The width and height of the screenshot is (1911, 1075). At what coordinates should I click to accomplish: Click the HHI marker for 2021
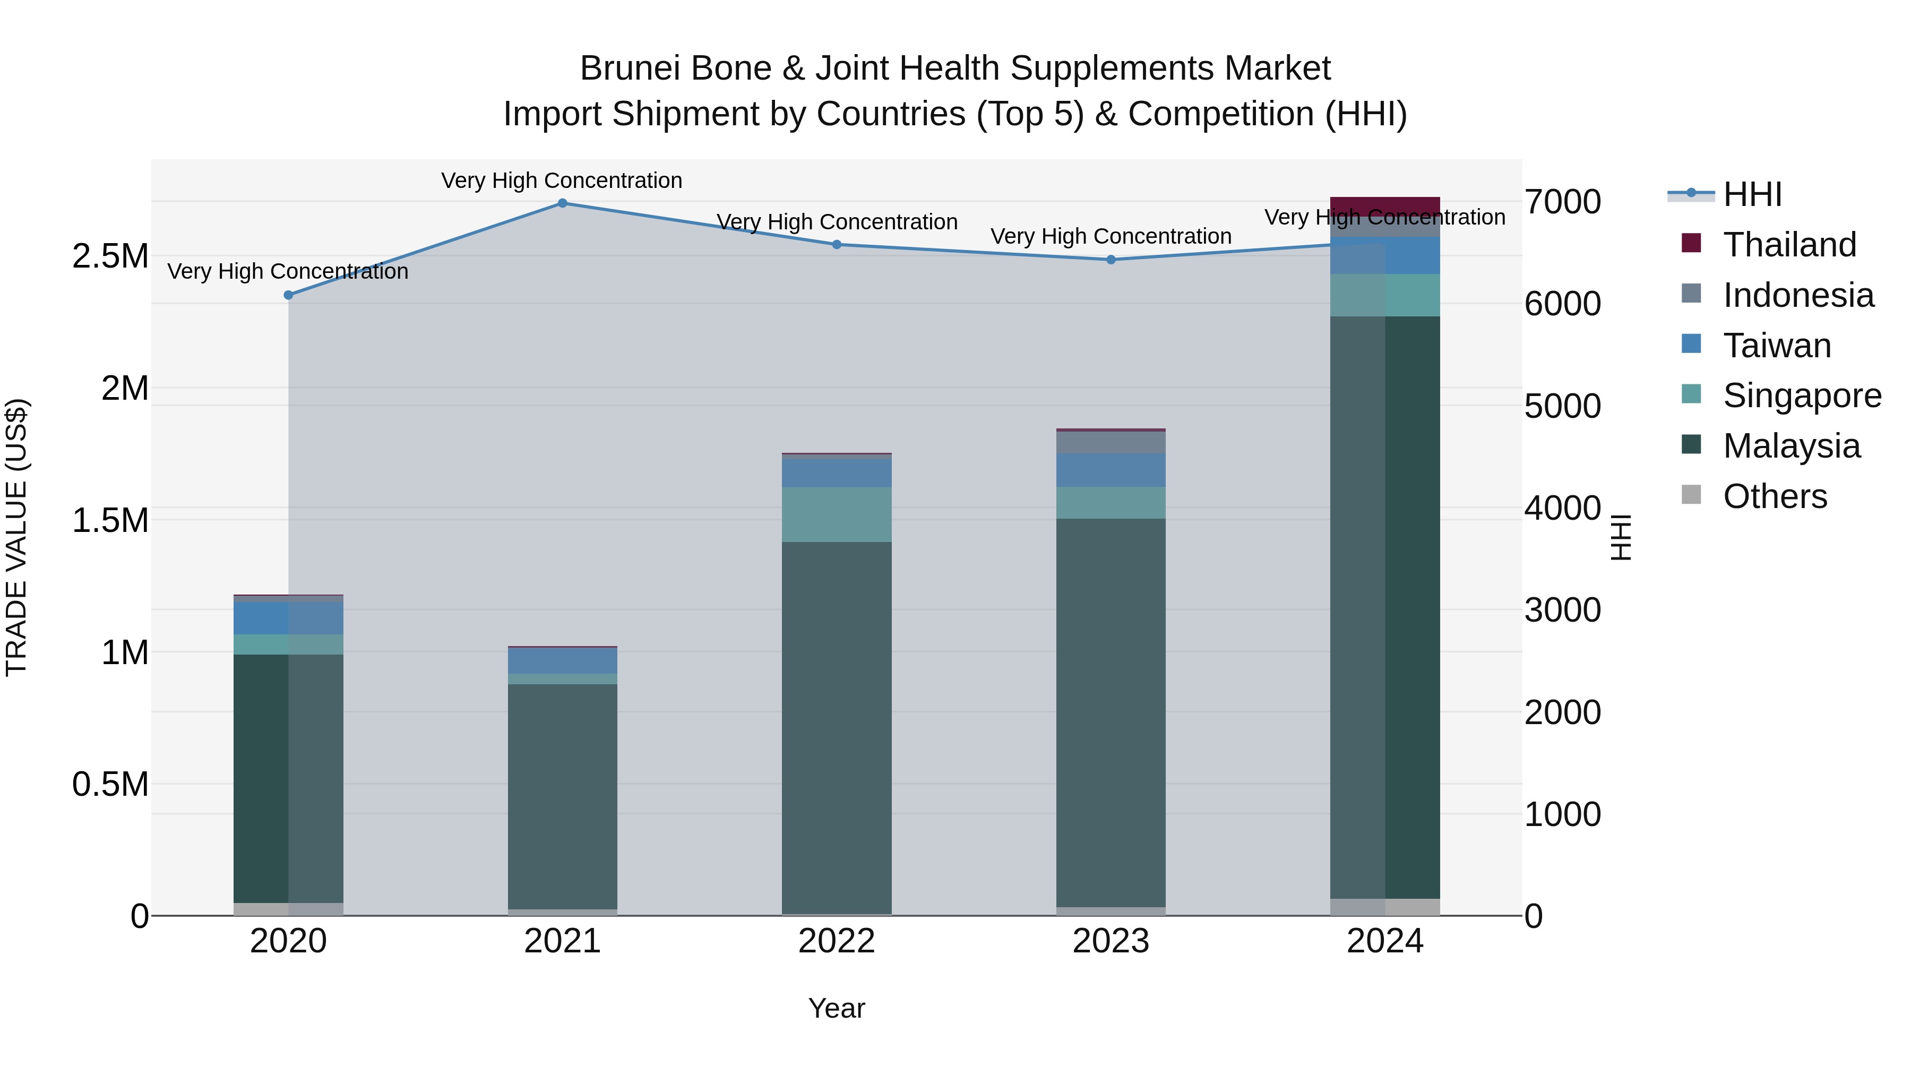tap(562, 203)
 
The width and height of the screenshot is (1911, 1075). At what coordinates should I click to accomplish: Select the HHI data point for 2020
tap(289, 295)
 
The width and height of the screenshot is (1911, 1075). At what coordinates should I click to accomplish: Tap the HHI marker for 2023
tap(1111, 260)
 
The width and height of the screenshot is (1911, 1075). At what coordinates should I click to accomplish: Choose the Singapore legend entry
tap(1801, 395)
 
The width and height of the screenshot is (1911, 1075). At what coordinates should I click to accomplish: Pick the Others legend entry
tap(1775, 496)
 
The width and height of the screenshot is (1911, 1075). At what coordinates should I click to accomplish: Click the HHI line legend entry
tap(1752, 194)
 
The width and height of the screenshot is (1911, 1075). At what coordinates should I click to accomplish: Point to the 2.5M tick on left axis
tap(110, 257)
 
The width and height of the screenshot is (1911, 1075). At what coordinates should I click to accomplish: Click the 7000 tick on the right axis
tap(1562, 202)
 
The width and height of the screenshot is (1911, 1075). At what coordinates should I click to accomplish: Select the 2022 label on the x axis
tap(836, 941)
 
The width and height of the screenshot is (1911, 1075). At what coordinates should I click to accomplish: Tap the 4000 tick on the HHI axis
tap(1562, 509)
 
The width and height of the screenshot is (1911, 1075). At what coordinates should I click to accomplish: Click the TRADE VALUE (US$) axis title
tap(16, 537)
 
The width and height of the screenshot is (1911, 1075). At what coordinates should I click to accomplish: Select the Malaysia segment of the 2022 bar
tap(836, 727)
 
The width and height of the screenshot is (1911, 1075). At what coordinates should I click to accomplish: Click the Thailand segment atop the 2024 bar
tap(1384, 207)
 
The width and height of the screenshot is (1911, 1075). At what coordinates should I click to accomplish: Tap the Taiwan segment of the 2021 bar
tap(562, 661)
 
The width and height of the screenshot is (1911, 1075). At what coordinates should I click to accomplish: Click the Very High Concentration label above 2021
tap(562, 181)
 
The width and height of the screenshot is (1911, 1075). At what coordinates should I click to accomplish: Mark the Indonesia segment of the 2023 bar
tap(1111, 443)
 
